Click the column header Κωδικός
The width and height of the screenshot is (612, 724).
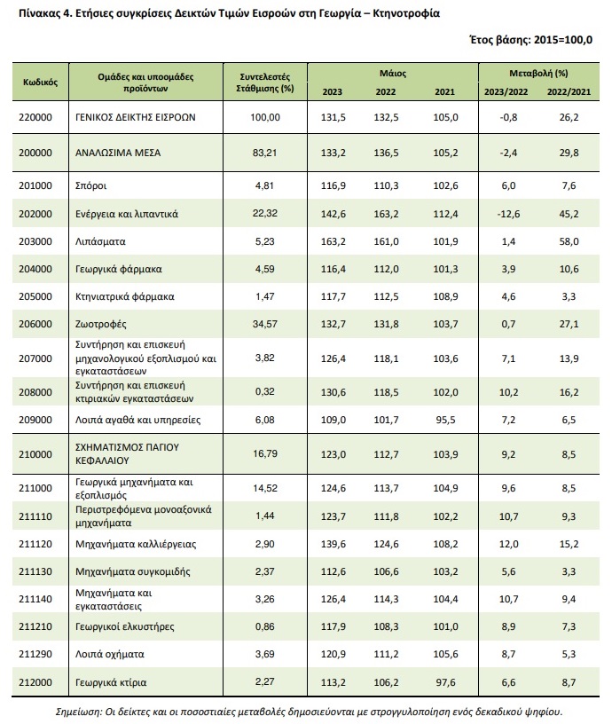pyautogui.click(x=40, y=83)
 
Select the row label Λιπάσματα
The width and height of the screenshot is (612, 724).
pyautogui.click(x=100, y=241)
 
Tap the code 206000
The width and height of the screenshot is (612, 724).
pyautogui.click(x=35, y=324)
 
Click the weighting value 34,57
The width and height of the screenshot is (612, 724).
pyautogui.click(x=265, y=324)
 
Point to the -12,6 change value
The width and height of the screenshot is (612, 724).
pyautogui.click(x=508, y=214)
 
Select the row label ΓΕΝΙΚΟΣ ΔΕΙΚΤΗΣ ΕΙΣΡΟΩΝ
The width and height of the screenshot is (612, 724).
pyautogui.click(x=135, y=117)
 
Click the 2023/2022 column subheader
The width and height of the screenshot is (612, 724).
pyautogui.click(x=506, y=92)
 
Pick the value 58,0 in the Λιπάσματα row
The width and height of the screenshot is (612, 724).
pyautogui.click(x=569, y=241)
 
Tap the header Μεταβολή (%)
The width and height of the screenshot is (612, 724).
pyautogui.click(x=538, y=74)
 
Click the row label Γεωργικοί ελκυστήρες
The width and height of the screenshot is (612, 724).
pyautogui.click(x=124, y=626)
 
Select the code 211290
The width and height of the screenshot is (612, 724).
pyautogui.click(x=35, y=654)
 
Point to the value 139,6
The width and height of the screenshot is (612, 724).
pyautogui.click(x=333, y=544)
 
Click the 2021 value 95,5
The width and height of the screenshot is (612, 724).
pyautogui.click(x=446, y=421)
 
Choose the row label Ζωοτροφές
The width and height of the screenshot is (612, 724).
pyautogui.click(x=100, y=324)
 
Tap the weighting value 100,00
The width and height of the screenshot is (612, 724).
pyautogui.click(x=265, y=117)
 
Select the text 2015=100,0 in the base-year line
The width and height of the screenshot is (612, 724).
pyautogui.click(x=562, y=40)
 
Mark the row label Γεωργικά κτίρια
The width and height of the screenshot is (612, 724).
pyautogui.click(x=111, y=682)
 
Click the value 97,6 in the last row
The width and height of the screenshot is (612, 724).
pyautogui.click(x=446, y=682)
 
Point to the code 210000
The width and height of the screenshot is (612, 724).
pyautogui.click(x=35, y=455)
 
